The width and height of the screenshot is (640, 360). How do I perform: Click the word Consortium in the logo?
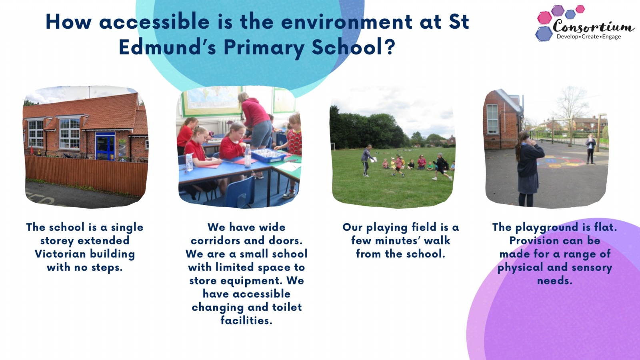coord(594,26)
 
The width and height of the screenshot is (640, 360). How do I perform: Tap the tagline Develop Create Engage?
coord(588,36)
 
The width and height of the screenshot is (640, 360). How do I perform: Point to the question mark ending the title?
coord(390,47)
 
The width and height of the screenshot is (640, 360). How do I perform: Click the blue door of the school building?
coord(105,146)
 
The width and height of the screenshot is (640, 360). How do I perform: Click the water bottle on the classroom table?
coord(248,156)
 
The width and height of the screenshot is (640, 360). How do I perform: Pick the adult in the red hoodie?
coord(255,120)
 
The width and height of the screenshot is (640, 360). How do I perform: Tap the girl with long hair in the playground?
coord(528,168)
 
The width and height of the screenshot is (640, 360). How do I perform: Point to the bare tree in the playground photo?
coord(570,114)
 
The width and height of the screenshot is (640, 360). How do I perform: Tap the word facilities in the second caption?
coord(246,320)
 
